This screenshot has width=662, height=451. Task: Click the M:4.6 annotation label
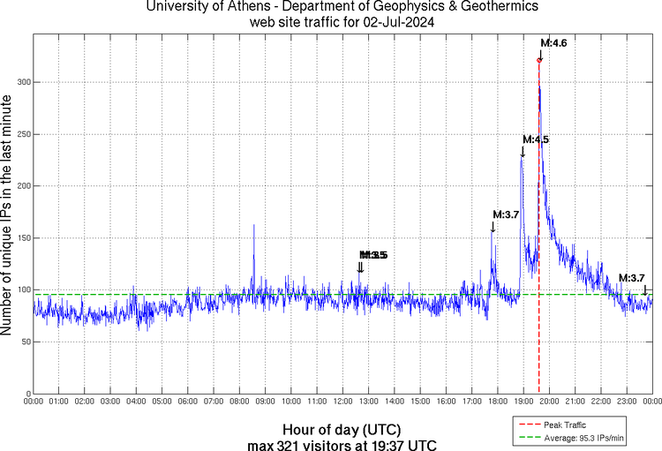coord(553,42)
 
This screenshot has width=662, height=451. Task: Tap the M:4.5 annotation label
coord(536,139)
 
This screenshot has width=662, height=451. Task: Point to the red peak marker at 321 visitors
coord(538,60)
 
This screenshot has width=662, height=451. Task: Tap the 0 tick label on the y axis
coord(27,394)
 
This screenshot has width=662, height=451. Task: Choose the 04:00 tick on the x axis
coord(137,402)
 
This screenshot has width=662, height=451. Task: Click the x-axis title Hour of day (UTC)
coord(341,428)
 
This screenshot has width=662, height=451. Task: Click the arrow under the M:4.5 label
coord(523,153)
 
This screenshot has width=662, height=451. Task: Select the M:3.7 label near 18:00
coord(505,214)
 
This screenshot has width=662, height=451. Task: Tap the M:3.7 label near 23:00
coord(631,278)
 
